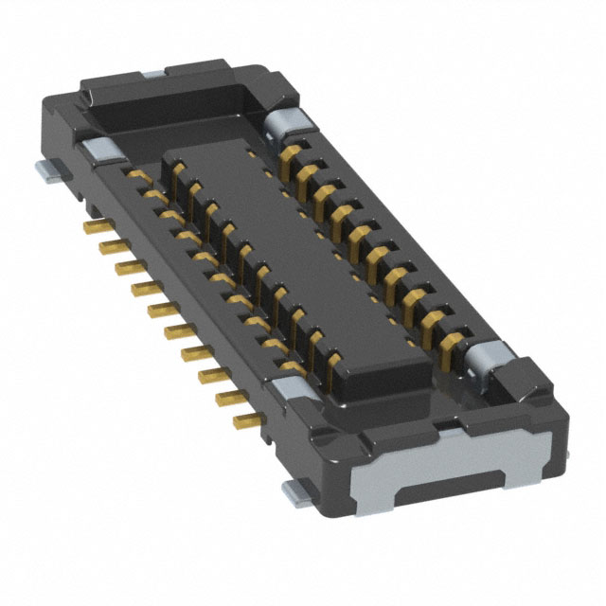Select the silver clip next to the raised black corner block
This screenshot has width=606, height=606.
click(x=483, y=362)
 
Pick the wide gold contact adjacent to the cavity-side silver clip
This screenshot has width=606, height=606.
click(x=293, y=151)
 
